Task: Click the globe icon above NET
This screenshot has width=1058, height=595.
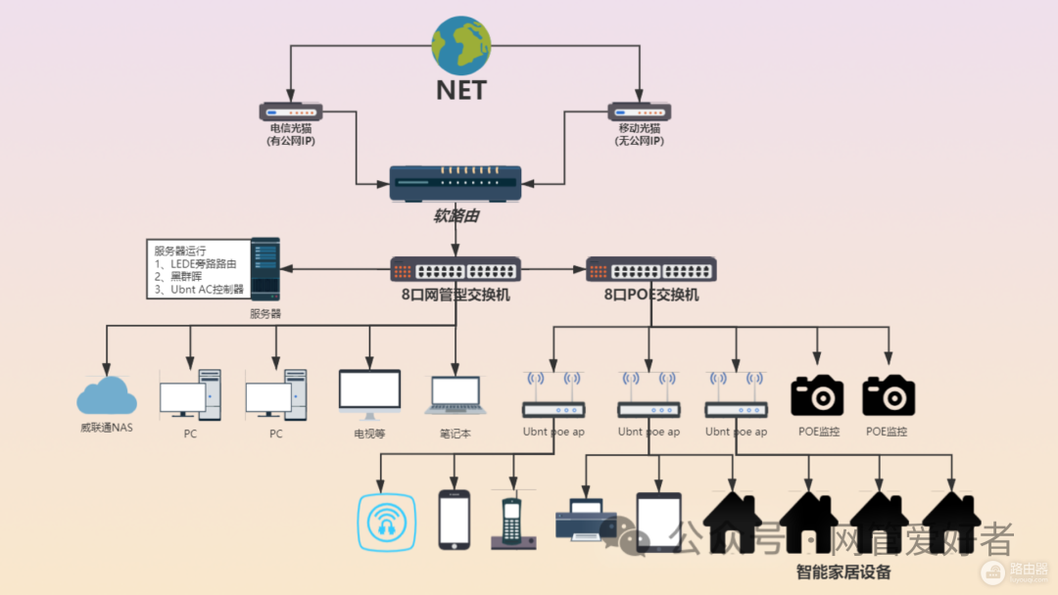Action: coord(461,46)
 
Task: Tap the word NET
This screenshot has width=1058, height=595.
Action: coord(461,91)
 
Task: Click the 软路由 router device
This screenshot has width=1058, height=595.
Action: coord(456,184)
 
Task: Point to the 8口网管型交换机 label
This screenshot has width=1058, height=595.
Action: coord(456,295)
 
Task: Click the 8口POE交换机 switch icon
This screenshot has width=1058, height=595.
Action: coord(651,269)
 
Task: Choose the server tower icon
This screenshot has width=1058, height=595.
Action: coord(264,268)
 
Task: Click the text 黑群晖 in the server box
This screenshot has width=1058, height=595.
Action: coord(184,277)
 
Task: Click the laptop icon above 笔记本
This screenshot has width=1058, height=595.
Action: coord(456,394)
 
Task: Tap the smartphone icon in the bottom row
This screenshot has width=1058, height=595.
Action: coord(454,519)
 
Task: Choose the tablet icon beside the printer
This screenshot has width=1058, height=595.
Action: coord(658,521)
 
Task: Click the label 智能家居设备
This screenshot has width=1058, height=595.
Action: coord(843,572)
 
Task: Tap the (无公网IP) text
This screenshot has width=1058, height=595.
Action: coord(640,141)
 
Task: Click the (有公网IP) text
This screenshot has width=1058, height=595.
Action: coord(291,141)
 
